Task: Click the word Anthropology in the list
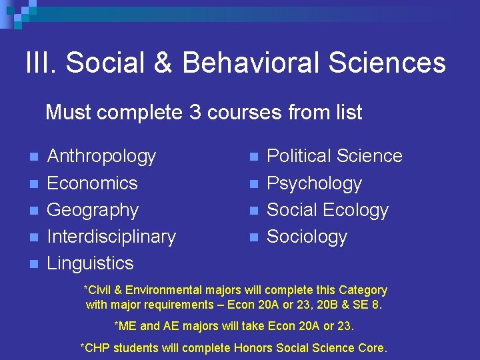point(101,157)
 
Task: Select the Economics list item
point(92,183)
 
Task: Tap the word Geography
point(93,210)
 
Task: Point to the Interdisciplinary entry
point(111,237)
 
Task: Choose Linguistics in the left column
point(90,263)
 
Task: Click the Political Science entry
point(334,156)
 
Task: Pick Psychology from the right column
point(314,183)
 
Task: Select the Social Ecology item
point(327,210)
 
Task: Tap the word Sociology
point(307,237)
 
